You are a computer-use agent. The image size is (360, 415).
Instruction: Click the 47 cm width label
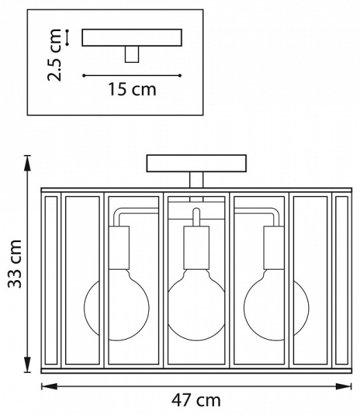196,400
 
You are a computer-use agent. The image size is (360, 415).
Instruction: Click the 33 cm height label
15,264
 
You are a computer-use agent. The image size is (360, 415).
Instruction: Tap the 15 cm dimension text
132,89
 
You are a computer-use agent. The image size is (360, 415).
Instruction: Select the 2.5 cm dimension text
54,55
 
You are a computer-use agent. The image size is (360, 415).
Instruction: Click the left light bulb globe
116,308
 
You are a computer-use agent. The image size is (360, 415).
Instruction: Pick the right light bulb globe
276,308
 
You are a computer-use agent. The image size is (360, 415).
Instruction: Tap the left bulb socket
119,248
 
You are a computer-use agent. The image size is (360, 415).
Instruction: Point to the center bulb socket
197,248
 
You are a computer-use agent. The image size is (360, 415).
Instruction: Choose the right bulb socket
274,248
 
